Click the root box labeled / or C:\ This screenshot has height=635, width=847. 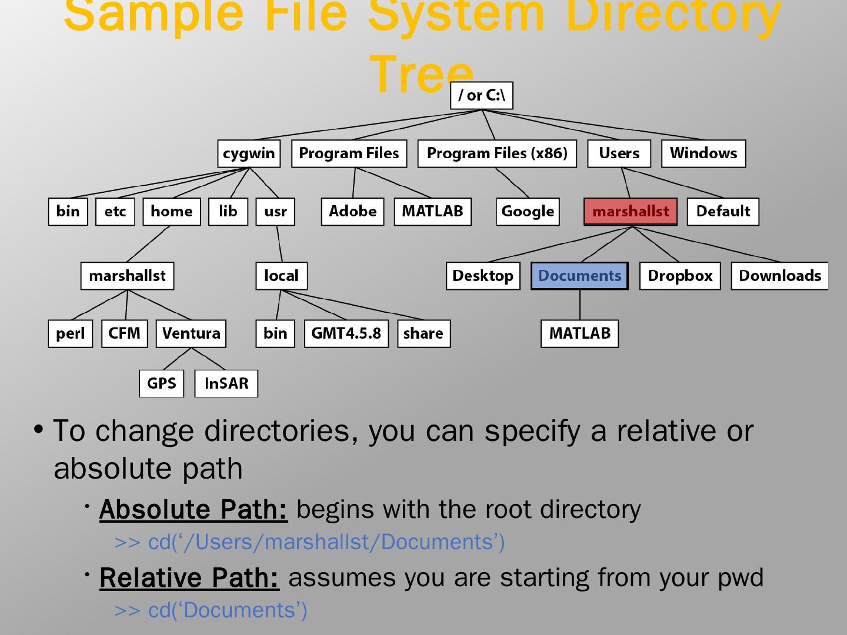(x=481, y=96)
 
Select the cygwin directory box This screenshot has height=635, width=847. (x=249, y=153)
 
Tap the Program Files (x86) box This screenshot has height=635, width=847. (x=497, y=153)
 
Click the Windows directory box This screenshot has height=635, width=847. (x=703, y=153)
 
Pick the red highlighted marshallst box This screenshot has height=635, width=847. (x=631, y=212)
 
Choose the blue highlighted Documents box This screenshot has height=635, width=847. (x=579, y=276)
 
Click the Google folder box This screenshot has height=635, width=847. (x=528, y=212)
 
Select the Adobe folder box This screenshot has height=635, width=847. (x=352, y=212)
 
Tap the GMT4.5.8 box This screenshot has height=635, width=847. (x=346, y=333)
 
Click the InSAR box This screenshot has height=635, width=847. (x=226, y=383)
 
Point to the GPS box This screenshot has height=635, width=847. (x=161, y=383)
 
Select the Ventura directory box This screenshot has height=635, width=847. (x=191, y=333)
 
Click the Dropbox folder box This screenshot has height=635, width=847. (x=679, y=276)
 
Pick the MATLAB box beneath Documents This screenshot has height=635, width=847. (x=579, y=333)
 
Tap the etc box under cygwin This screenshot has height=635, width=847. (x=115, y=212)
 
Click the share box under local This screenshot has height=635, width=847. (x=423, y=333)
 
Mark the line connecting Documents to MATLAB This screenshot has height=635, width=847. (x=580, y=305)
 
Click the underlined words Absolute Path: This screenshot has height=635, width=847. (x=194, y=509)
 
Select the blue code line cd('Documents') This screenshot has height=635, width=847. (x=211, y=610)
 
